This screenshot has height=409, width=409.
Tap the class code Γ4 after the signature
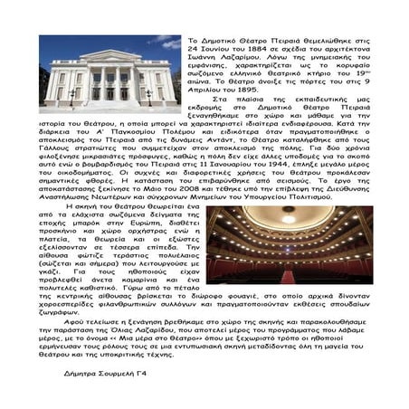point(142,372)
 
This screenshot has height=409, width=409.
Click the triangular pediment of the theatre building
point(108,57)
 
